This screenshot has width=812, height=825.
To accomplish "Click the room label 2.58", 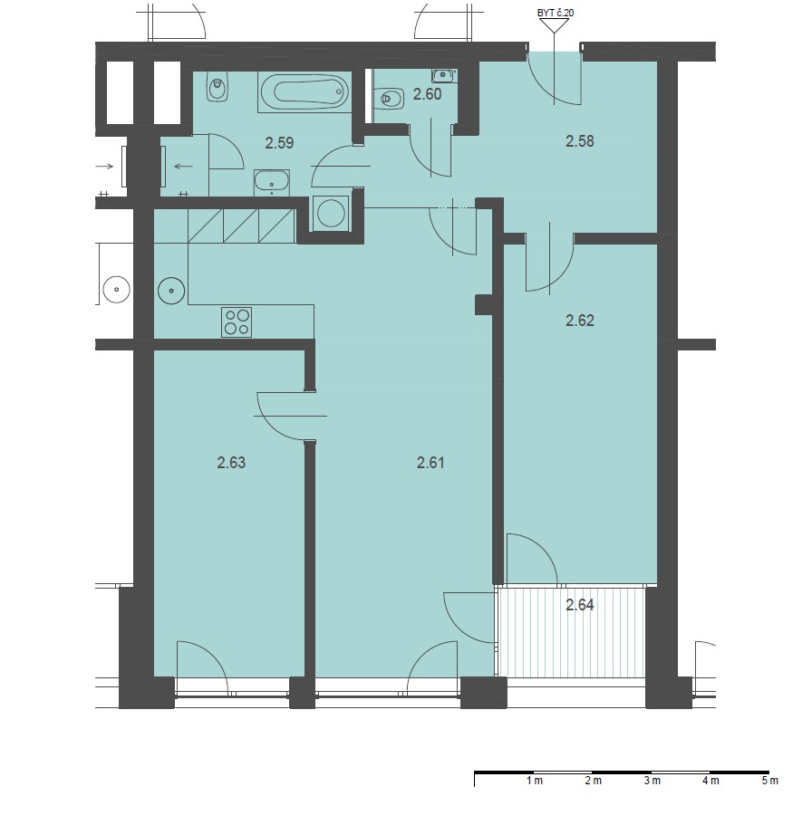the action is pos(579,141).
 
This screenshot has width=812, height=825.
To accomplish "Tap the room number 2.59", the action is pos(279,143).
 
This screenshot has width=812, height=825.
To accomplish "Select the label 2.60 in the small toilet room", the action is pos(427,95).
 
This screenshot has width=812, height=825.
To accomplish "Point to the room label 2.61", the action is pos(430,463).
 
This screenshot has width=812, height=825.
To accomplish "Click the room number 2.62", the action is pos(579,320).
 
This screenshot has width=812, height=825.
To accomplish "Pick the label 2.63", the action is pos(231,463).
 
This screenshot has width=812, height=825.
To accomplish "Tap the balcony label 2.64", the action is pos(579,605).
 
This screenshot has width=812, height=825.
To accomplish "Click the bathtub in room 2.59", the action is pos(304,92).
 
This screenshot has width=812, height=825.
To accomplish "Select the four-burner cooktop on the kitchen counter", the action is pos(237,322).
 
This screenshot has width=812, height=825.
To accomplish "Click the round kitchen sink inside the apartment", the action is pos(171,291).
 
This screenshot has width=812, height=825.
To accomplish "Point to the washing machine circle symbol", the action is pos(330,213).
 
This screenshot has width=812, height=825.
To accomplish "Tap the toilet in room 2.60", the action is pos(389,99).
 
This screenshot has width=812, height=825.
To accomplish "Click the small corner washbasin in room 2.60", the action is pos(443,75).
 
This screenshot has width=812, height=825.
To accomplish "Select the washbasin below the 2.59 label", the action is pos(271,182).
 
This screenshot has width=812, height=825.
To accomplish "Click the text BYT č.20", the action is pos(555,13).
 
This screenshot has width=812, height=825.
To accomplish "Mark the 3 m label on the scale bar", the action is pos(652,781).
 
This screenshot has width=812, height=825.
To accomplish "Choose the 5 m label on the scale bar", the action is pos(769,781).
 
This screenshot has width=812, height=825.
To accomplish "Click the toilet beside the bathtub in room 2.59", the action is pos(217,87).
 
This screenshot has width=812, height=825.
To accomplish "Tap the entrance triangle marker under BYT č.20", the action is pos(554,25).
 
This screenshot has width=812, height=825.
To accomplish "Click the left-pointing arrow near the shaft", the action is pos(183,167).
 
